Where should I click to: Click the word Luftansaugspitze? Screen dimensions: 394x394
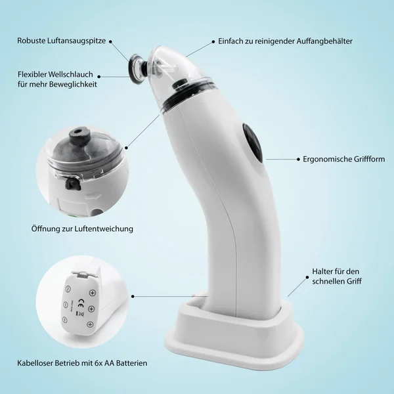76,41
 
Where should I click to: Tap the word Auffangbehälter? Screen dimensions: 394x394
324,41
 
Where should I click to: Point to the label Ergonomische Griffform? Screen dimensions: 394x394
343,160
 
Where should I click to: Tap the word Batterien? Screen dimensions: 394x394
131,363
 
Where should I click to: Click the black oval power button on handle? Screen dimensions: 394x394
253,142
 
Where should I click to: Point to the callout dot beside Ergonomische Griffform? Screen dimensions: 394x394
298,159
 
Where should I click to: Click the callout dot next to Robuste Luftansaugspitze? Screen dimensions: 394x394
110,41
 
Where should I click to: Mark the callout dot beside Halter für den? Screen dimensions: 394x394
307,277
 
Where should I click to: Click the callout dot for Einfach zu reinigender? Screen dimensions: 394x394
213,41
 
